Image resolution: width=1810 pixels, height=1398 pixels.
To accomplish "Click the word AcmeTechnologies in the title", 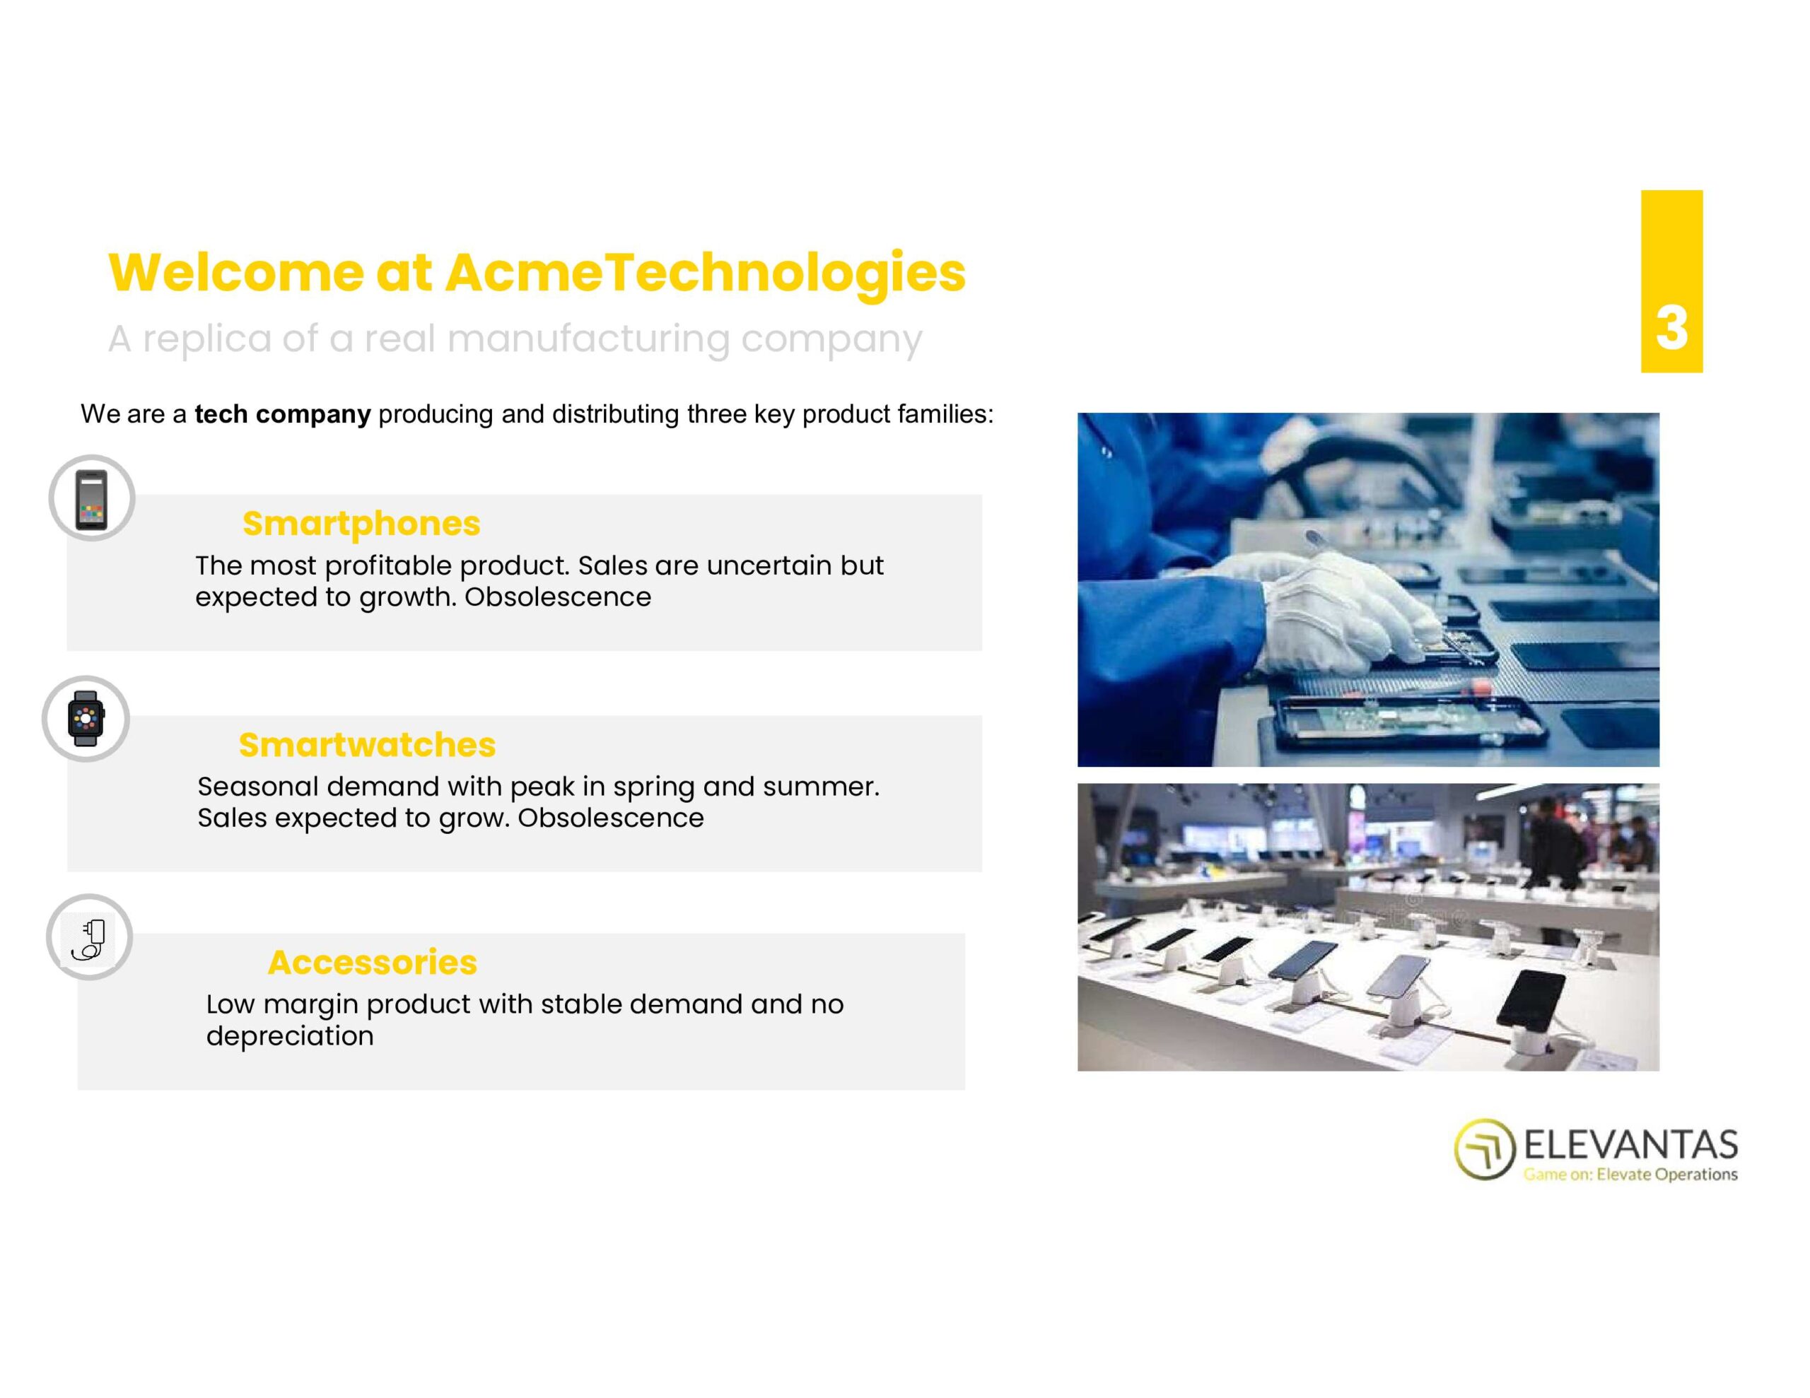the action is click(706, 274).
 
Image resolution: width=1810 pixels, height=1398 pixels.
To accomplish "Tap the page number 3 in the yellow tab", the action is click(1671, 328).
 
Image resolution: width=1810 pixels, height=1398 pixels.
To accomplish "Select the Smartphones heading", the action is click(361, 524).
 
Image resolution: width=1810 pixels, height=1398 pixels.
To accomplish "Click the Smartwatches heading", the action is click(367, 745).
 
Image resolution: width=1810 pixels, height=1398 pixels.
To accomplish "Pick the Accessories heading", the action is click(372, 962).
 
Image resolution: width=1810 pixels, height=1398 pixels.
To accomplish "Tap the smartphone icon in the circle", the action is click(91, 500).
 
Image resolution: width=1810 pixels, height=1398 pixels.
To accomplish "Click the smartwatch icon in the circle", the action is click(86, 719).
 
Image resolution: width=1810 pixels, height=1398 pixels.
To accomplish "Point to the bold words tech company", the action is click(283, 413).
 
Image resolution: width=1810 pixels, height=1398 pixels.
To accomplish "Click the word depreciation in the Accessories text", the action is click(290, 1036).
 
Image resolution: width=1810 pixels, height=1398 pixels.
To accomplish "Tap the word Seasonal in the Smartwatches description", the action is click(258, 787).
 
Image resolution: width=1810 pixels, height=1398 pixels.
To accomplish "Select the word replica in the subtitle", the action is click(207, 340).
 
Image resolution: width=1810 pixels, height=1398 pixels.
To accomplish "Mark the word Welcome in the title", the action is click(235, 274).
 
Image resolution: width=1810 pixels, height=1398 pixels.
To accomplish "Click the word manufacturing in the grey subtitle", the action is click(588, 340).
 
